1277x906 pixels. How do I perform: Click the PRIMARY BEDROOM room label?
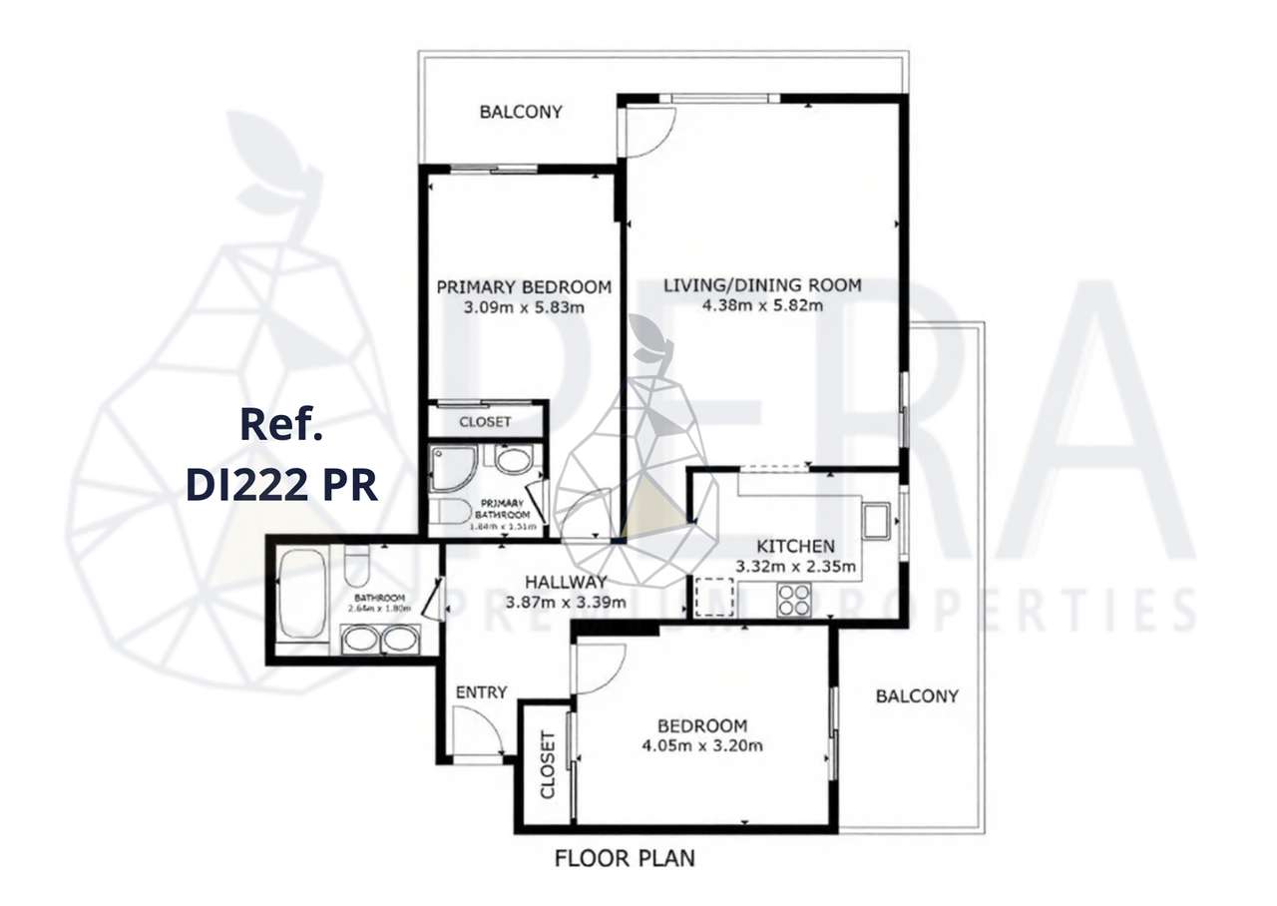pos(524,287)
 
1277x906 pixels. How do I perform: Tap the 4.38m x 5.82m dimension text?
pos(762,305)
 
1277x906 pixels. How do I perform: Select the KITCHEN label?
pos(794,546)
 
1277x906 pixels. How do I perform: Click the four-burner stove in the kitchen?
pos(794,599)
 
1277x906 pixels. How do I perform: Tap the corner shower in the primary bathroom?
pos(454,469)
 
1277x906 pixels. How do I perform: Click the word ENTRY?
pos(481,692)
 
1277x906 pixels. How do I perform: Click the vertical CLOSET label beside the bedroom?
pos(547,765)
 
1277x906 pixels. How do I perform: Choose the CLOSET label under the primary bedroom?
pos(485,422)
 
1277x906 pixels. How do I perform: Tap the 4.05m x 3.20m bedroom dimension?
pos(701,744)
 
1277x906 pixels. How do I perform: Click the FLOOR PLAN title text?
pos(625,857)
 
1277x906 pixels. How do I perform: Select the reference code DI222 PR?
pos(281,485)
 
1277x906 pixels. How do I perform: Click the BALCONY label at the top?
pos(521,112)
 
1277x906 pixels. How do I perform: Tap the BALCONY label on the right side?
pos(916,695)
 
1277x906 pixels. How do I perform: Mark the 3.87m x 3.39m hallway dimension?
pos(566,603)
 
